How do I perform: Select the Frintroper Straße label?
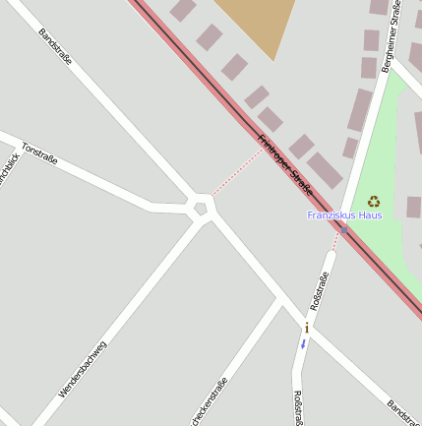284,163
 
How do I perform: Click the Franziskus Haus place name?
344,214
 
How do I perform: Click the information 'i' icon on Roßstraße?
307,328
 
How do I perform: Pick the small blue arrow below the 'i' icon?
304,343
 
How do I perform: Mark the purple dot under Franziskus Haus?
344,229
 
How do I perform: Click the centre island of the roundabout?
202,207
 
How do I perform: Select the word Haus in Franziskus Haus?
370,214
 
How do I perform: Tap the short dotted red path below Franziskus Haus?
336,241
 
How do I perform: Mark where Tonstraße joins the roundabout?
187,208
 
